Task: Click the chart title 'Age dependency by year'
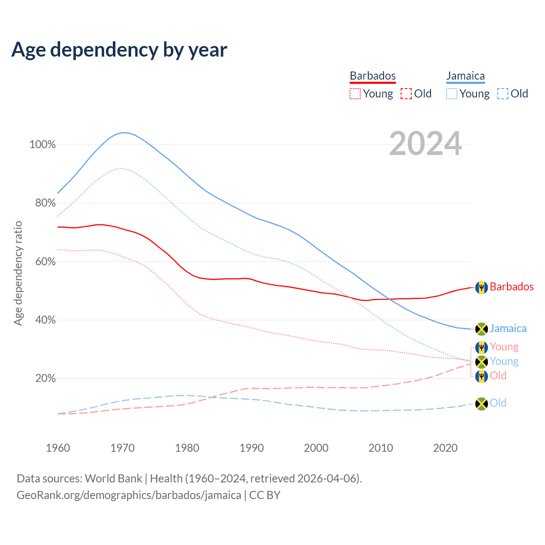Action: [119, 50]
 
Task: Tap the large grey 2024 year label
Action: [425, 144]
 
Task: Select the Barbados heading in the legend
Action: [373, 76]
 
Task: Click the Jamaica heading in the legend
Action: [465, 76]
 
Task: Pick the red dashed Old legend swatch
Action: [406, 94]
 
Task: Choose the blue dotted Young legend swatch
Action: [452, 94]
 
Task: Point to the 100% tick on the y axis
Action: [43, 145]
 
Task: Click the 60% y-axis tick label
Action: [45, 261]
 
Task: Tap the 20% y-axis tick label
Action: [45, 378]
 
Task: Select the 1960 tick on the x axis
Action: [58, 448]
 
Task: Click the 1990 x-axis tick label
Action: [252, 448]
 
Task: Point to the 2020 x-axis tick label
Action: [445, 448]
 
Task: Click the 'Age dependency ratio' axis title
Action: [18, 273]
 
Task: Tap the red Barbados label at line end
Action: [511, 287]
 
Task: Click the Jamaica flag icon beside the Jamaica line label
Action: [481, 329]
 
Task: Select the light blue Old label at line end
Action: [498, 403]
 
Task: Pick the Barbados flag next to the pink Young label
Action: [481, 347]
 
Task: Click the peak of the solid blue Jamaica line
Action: [123, 132]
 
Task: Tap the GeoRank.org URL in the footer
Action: [129, 495]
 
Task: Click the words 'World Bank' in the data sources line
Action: [113, 479]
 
